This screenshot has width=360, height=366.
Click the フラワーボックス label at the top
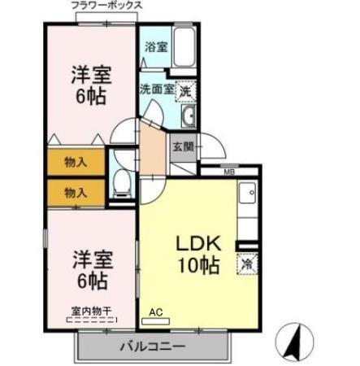coord(106,6)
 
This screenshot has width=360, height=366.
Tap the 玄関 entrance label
coord(182,147)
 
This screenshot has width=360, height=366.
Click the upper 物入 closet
coord(75,162)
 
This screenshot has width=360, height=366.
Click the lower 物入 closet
coord(75,193)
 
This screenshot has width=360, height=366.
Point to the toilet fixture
coord(121,185)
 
